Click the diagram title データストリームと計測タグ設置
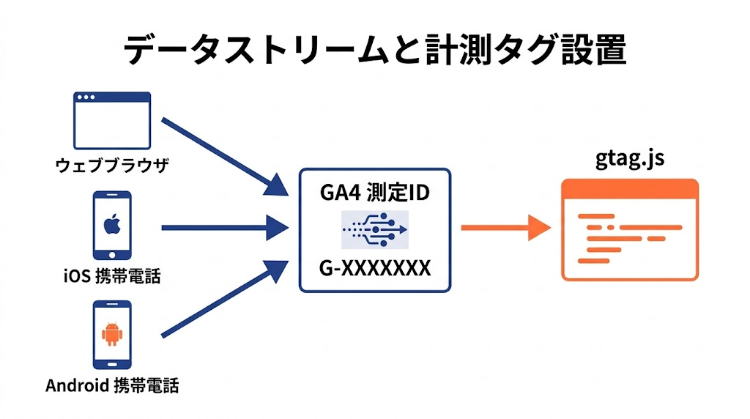(374, 50)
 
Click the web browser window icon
(112, 121)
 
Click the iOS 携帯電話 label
(112, 276)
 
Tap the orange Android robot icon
(112, 334)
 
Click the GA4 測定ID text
(374, 193)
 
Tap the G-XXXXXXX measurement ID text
(374, 269)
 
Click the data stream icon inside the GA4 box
(374, 229)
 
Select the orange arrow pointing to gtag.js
(505, 228)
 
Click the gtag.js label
(630, 159)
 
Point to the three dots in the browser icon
(86, 98)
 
